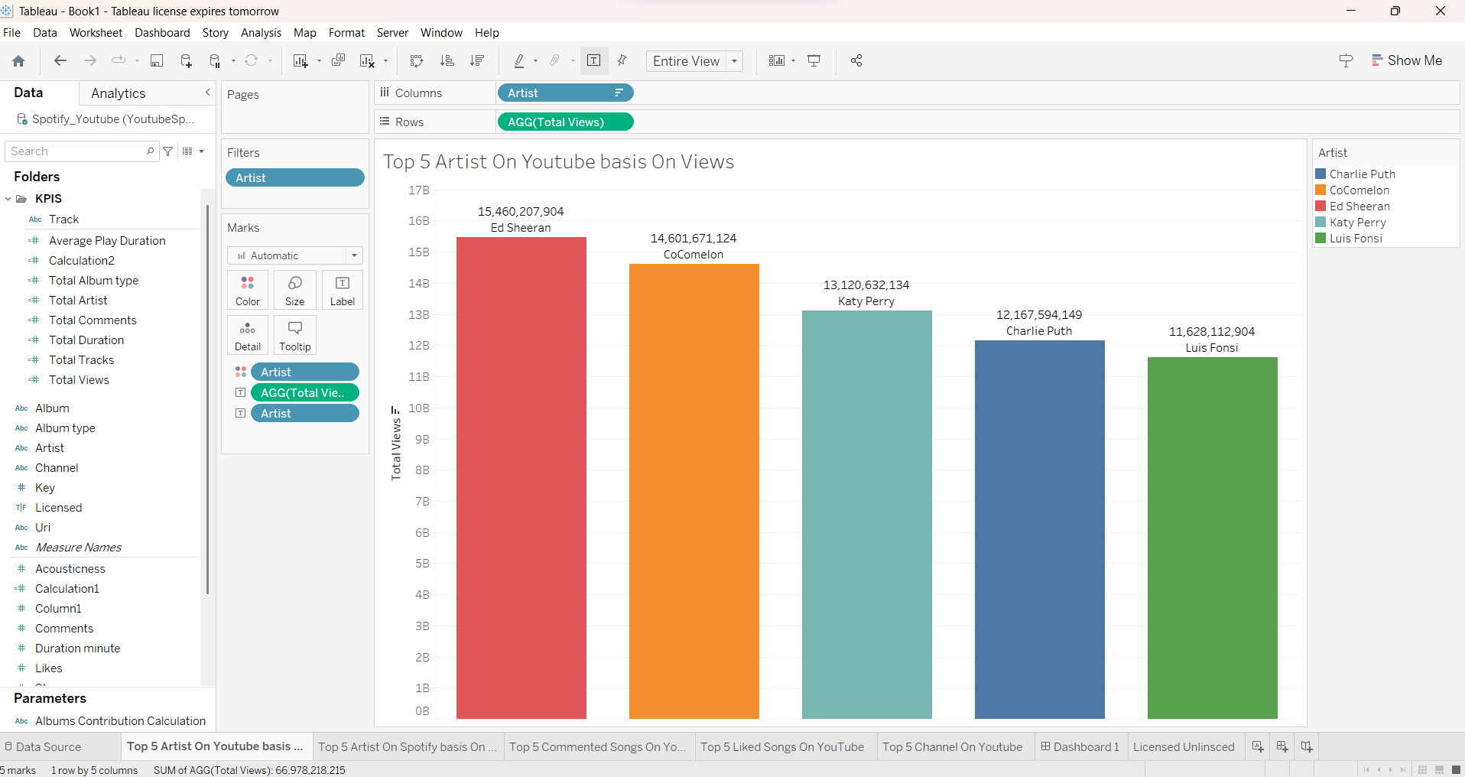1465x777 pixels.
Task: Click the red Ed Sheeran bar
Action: pyautogui.click(x=521, y=478)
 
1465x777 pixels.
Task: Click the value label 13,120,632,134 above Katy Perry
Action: pyautogui.click(x=866, y=285)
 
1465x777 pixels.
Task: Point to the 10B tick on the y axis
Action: pyautogui.click(x=419, y=408)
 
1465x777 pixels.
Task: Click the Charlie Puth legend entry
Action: pyautogui.click(x=1361, y=174)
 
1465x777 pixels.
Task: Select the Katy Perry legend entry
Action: pyautogui.click(x=1357, y=223)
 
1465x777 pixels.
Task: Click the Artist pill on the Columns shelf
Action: pyautogui.click(x=564, y=93)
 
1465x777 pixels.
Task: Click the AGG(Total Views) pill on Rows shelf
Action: pyautogui.click(x=564, y=122)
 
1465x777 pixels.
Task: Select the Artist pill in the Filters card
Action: pyautogui.click(x=294, y=177)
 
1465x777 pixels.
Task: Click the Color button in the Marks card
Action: pyautogui.click(x=248, y=291)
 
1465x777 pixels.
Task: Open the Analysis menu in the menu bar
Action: pyautogui.click(x=261, y=33)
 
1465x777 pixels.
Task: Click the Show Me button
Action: pyautogui.click(x=1406, y=60)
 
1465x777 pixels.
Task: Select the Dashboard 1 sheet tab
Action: pyautogui.click(x=1080, y=747)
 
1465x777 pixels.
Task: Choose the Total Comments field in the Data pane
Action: pyautogui.click(x=93, y=320)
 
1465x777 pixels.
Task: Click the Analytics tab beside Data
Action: pyautogui.click(x=119, y=93)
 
